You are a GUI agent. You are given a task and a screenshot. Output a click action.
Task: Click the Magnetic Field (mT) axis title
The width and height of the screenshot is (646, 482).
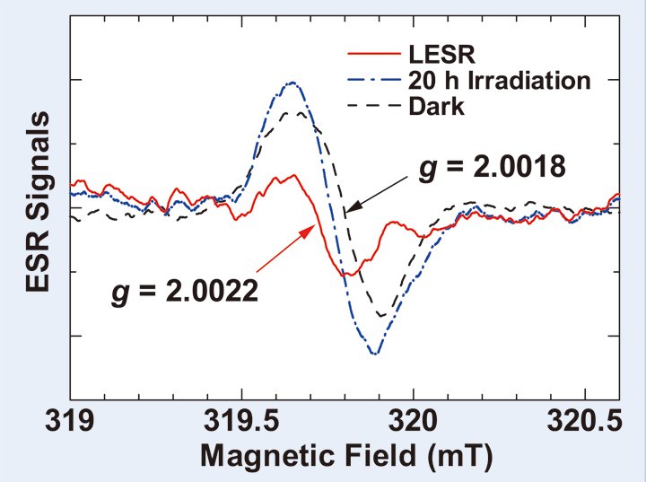tap(346, 456)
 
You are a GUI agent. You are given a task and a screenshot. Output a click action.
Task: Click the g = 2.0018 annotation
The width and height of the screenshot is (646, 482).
tap(489, 168)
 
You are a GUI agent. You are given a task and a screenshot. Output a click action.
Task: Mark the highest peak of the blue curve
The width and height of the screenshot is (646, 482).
tap(291, 83)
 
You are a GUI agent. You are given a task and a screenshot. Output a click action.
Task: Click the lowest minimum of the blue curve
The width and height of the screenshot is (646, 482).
tap(375, 354)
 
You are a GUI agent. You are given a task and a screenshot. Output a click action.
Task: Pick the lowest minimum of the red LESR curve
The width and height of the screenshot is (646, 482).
tap(352, 275)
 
